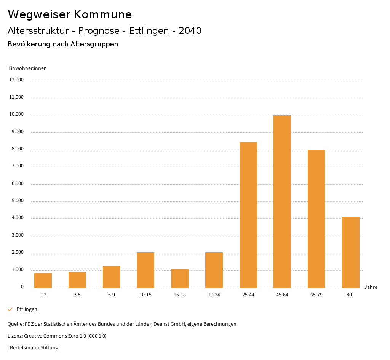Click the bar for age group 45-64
(282, 202)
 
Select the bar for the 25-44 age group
(248, 215)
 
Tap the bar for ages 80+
(351, 252)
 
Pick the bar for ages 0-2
(43, 280)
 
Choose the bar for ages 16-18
(180, 279)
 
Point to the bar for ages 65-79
(316, 219)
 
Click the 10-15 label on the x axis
(145, 295)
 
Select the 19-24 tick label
(214, 295)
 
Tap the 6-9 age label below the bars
(112, 295)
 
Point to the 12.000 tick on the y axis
(17, 80)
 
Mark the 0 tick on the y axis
(22, 287)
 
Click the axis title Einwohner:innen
(27, 68)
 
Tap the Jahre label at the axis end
(371, 287)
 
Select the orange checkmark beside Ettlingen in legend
(10, 309)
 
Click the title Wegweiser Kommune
(70, 14)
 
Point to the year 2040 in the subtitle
(190, 31)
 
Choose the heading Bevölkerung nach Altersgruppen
(63, 44)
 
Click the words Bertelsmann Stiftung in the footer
(34, 347)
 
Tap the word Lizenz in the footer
(15, 336)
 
